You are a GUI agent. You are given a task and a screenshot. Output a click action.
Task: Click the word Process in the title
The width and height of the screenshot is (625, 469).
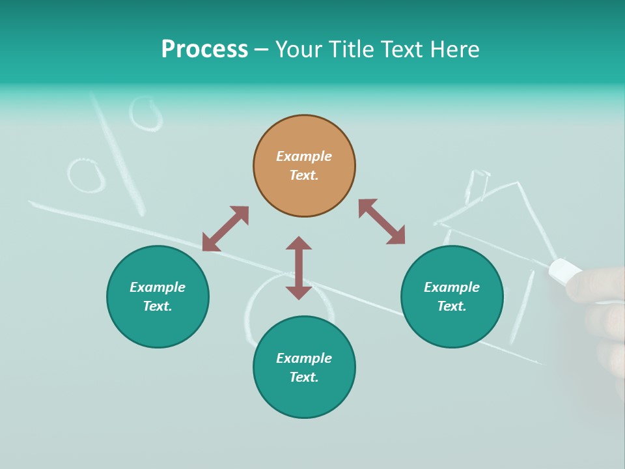click(x=204, y=50)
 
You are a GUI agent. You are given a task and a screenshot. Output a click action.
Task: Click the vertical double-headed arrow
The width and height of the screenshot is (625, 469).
click(x=299, y=268)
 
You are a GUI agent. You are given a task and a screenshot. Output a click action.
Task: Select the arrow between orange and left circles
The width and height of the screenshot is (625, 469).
click(x=225, y=229)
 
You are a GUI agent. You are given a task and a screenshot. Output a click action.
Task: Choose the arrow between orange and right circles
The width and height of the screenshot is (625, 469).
click(x=382, y=222)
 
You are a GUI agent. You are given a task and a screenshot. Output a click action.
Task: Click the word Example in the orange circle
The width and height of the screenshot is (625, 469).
click(x=304, y=156)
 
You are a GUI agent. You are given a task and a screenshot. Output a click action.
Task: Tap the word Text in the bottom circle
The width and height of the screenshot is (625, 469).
click(x=303, y=377)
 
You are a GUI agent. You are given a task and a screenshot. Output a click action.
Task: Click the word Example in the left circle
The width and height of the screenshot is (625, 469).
click(x=158, y=287)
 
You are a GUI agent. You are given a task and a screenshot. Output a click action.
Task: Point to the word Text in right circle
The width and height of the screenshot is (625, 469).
click(x=451, y=306)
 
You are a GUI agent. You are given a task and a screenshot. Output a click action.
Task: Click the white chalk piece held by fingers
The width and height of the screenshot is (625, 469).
click(x=564, y=270)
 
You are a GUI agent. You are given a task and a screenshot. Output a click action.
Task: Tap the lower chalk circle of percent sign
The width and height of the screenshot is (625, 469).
click(x=87, y=175)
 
